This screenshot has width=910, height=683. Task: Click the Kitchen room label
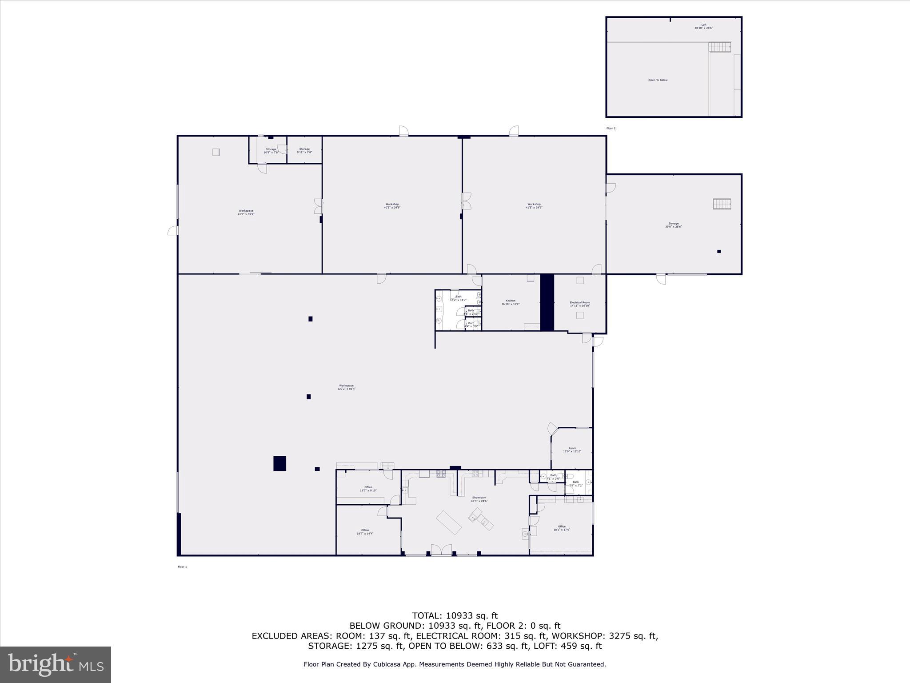point(510,302)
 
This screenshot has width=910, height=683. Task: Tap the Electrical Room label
point(580,304)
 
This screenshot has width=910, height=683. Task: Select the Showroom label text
point(479,499)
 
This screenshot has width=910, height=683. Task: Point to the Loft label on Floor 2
point(703,26)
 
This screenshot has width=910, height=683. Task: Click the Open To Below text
point(658,80)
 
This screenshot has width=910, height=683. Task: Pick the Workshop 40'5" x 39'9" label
point(392,205)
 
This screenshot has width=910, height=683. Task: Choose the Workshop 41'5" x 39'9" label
point(534,205)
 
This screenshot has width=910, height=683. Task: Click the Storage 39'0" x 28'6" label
point(673,225)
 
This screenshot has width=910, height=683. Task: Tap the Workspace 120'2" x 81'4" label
point(346,387)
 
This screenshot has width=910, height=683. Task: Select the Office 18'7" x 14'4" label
point(365,531)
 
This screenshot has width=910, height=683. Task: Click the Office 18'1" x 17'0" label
point(562,528)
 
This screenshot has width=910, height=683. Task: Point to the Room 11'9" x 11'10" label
point(572,450)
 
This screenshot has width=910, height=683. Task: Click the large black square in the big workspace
point(279,463)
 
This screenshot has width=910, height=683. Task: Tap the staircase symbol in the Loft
point(719,46)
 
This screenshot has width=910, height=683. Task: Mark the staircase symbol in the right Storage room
point(722,204)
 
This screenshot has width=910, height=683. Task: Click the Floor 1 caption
point(182,566)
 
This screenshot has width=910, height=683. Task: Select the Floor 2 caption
point(611,128)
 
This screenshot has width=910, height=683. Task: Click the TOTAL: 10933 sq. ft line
point(455,616)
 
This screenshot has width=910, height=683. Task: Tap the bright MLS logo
point(56,664)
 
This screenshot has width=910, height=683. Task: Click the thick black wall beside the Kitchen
point(547,302)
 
